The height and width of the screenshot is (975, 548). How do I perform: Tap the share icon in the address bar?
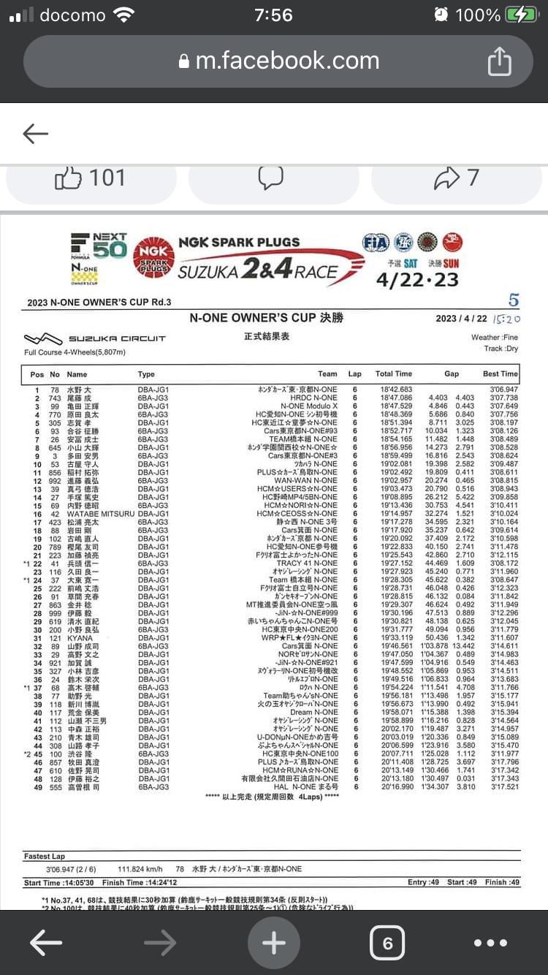[x=499, y=61]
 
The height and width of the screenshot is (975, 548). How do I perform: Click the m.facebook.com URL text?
[x=287, y=61]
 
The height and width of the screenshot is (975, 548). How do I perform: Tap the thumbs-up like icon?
[x=68, y=178]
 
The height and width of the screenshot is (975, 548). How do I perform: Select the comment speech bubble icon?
[x=271, y=178]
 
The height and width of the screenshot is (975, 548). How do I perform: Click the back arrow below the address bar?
[x=35, y=133]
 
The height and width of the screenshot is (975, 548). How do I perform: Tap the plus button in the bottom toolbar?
[x=274, y=943]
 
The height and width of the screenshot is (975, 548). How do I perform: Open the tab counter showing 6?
[x=387, y=943]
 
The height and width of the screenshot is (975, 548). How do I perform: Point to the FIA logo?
[x=375, y=243]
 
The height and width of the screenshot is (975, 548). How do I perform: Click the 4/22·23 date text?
[x=417, y=280]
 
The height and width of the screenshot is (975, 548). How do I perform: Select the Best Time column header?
[x=500, y=374]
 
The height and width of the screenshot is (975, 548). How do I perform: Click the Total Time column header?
[x=394, y=374]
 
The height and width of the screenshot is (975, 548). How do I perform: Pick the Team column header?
[x=327, y=374]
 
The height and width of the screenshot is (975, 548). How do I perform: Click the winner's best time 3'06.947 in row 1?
[x=503, y=390]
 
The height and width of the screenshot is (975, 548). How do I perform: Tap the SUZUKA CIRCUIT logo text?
[x=117, y=338]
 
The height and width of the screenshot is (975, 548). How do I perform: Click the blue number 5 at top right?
[x=514, y=300]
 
